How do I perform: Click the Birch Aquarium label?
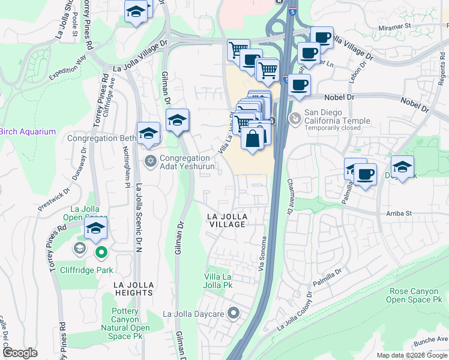pos(28,131)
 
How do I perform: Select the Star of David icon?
pos(150,160)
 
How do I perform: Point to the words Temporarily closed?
pos(333,128)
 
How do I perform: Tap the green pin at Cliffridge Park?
pos(101,253)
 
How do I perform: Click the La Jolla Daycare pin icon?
pos(234,313)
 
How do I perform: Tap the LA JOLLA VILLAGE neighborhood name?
pos(226,220)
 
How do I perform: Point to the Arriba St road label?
pos(397,213)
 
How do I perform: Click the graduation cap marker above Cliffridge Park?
pos(95,229)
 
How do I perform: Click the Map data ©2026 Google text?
pos(411,355)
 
